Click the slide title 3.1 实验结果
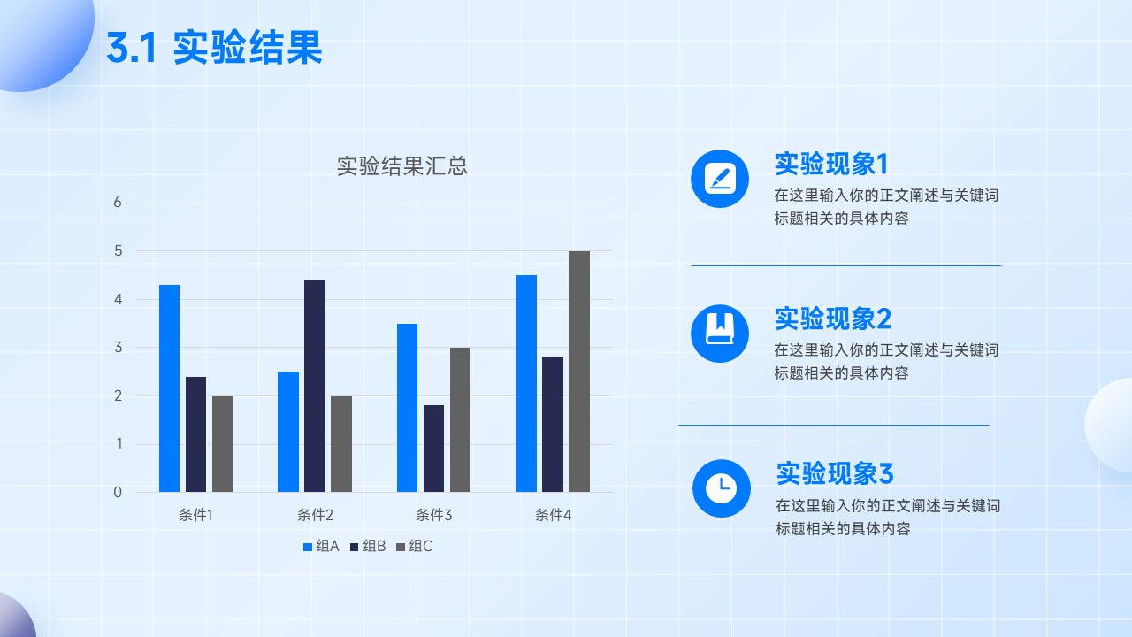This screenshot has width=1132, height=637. click(214, 47)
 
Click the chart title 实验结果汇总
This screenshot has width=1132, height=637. click(402, 165)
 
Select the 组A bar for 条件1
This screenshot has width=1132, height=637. click(169, 388)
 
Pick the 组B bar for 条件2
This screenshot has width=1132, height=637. click(315, 387)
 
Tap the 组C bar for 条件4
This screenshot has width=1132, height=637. click(579, 372)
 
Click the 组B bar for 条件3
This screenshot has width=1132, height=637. click(433, 449)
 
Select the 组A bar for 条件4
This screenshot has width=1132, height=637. click(526, 384)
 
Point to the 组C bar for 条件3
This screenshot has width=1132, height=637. click(461, 419)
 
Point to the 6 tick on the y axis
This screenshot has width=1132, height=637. click(118, 203)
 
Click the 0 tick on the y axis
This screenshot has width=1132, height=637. click(118, 492)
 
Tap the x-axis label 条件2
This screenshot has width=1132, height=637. click(315, 515)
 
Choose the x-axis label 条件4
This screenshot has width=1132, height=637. click(553, 515)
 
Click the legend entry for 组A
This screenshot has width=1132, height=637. click(321, 546)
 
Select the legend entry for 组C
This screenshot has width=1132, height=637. click(414, 546)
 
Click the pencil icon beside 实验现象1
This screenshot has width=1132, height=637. click(720, 179)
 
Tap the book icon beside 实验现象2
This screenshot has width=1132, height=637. click(720, 334)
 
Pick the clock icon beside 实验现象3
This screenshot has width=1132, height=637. click(722, 488)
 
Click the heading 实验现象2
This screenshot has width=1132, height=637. click(833, 318)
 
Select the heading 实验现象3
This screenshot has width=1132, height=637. click(835, 473)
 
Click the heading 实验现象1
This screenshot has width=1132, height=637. click(831, 164)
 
